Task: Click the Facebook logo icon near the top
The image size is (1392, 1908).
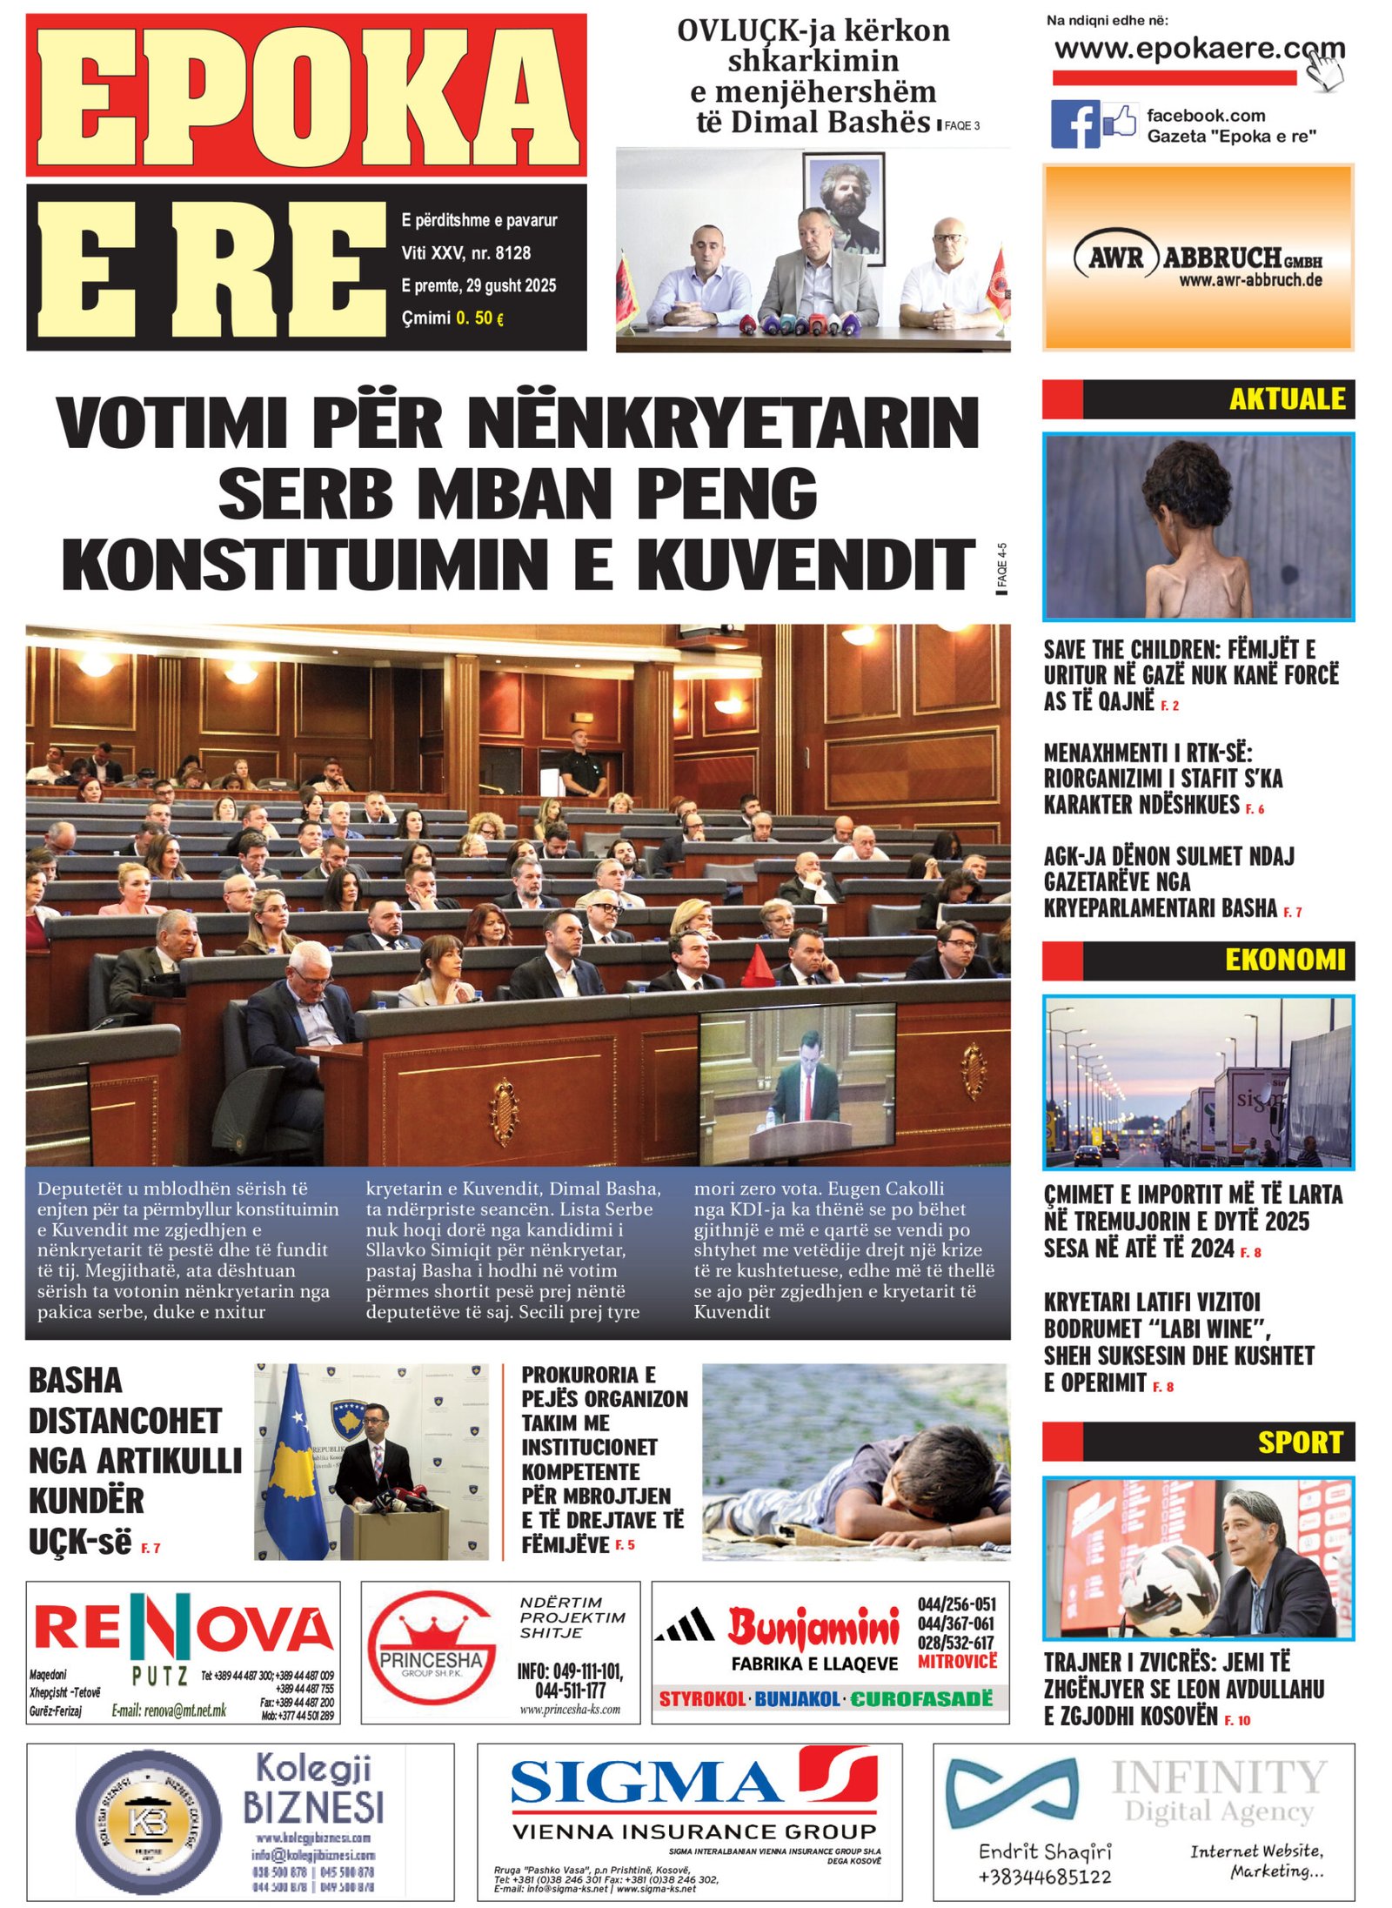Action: click(1074, 124)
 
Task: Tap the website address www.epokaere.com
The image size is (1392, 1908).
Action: click(1198, 49)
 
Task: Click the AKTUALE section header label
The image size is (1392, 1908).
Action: click(1286, 398)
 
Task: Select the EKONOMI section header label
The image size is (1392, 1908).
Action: click(1284, 960)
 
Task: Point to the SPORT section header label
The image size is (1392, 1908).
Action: click(1300, 1442)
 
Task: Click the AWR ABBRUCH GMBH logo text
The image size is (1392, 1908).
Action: click(1198, 258)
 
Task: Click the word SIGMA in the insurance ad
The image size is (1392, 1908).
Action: click(644, 1783)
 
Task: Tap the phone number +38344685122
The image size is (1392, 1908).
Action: click(1044, 1876)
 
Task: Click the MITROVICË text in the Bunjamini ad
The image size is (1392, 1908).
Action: click(957, 1661)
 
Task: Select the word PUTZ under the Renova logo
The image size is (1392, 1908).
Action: click(159, 1675)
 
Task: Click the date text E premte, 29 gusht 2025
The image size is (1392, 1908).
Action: click(478, 285)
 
